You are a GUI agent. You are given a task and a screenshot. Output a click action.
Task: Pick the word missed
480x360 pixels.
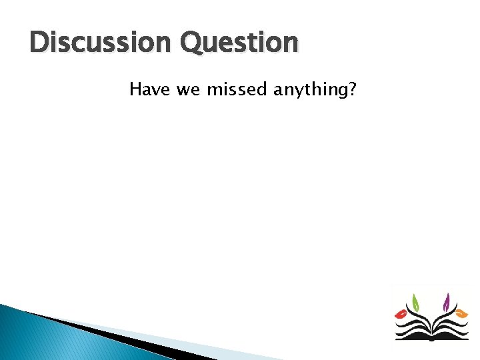(237, 89)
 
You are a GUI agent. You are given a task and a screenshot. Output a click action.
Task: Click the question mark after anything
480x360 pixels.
(352, 89)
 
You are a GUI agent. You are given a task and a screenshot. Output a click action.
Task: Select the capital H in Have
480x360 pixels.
(135, 89)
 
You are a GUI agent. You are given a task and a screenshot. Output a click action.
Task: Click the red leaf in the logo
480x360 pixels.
(401, 313)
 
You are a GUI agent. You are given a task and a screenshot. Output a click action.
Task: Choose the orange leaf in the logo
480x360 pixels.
(461, 313)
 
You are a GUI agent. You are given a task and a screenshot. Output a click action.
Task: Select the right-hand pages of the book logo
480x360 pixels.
(450, 329)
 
